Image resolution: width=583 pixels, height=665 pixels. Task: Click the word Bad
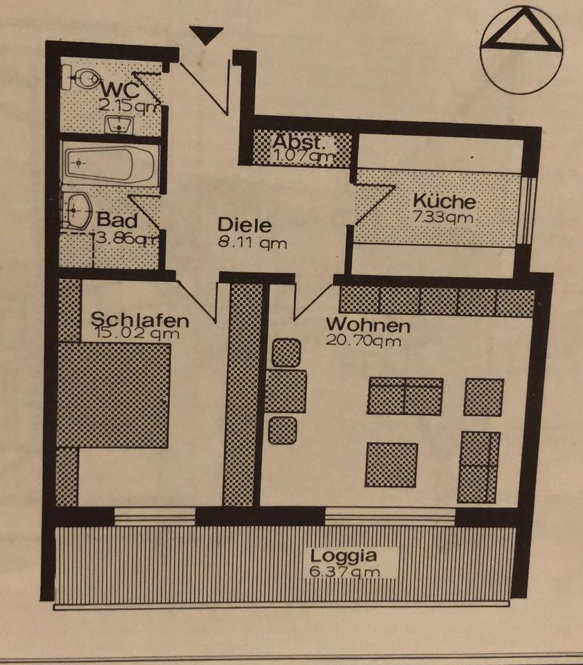pyautogui.click(x=116, y=222)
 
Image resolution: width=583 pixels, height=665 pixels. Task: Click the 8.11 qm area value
pyautogui.click(x=251, y=242)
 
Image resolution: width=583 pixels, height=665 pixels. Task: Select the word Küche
pyautogui.click(x=444, y=202)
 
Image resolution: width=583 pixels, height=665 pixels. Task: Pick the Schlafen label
pyautogui.click(x=140, y=320)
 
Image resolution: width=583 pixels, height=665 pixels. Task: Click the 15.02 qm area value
pyautogui.click(x=135, y=335)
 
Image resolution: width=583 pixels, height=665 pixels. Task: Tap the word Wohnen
pyautogui.click(x=367, y=324)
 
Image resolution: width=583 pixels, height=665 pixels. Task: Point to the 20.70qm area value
pyautogui.click(x=363, y=340)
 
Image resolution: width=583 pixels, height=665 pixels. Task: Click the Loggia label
pyautogui.click(x=344, y=556)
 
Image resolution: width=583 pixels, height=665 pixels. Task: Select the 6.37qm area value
pyautogui.click(x=345, y=571)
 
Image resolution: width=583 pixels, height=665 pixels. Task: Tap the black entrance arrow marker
pyautogui.click(x=207, y=35)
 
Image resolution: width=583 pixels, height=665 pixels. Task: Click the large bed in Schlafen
pyautogui.click(x=114, y=395)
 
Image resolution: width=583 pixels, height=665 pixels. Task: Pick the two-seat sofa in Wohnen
pyautogui.click(x=405, y=396)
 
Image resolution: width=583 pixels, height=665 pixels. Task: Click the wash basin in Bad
pyautogui.click(x=78, y=209)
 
